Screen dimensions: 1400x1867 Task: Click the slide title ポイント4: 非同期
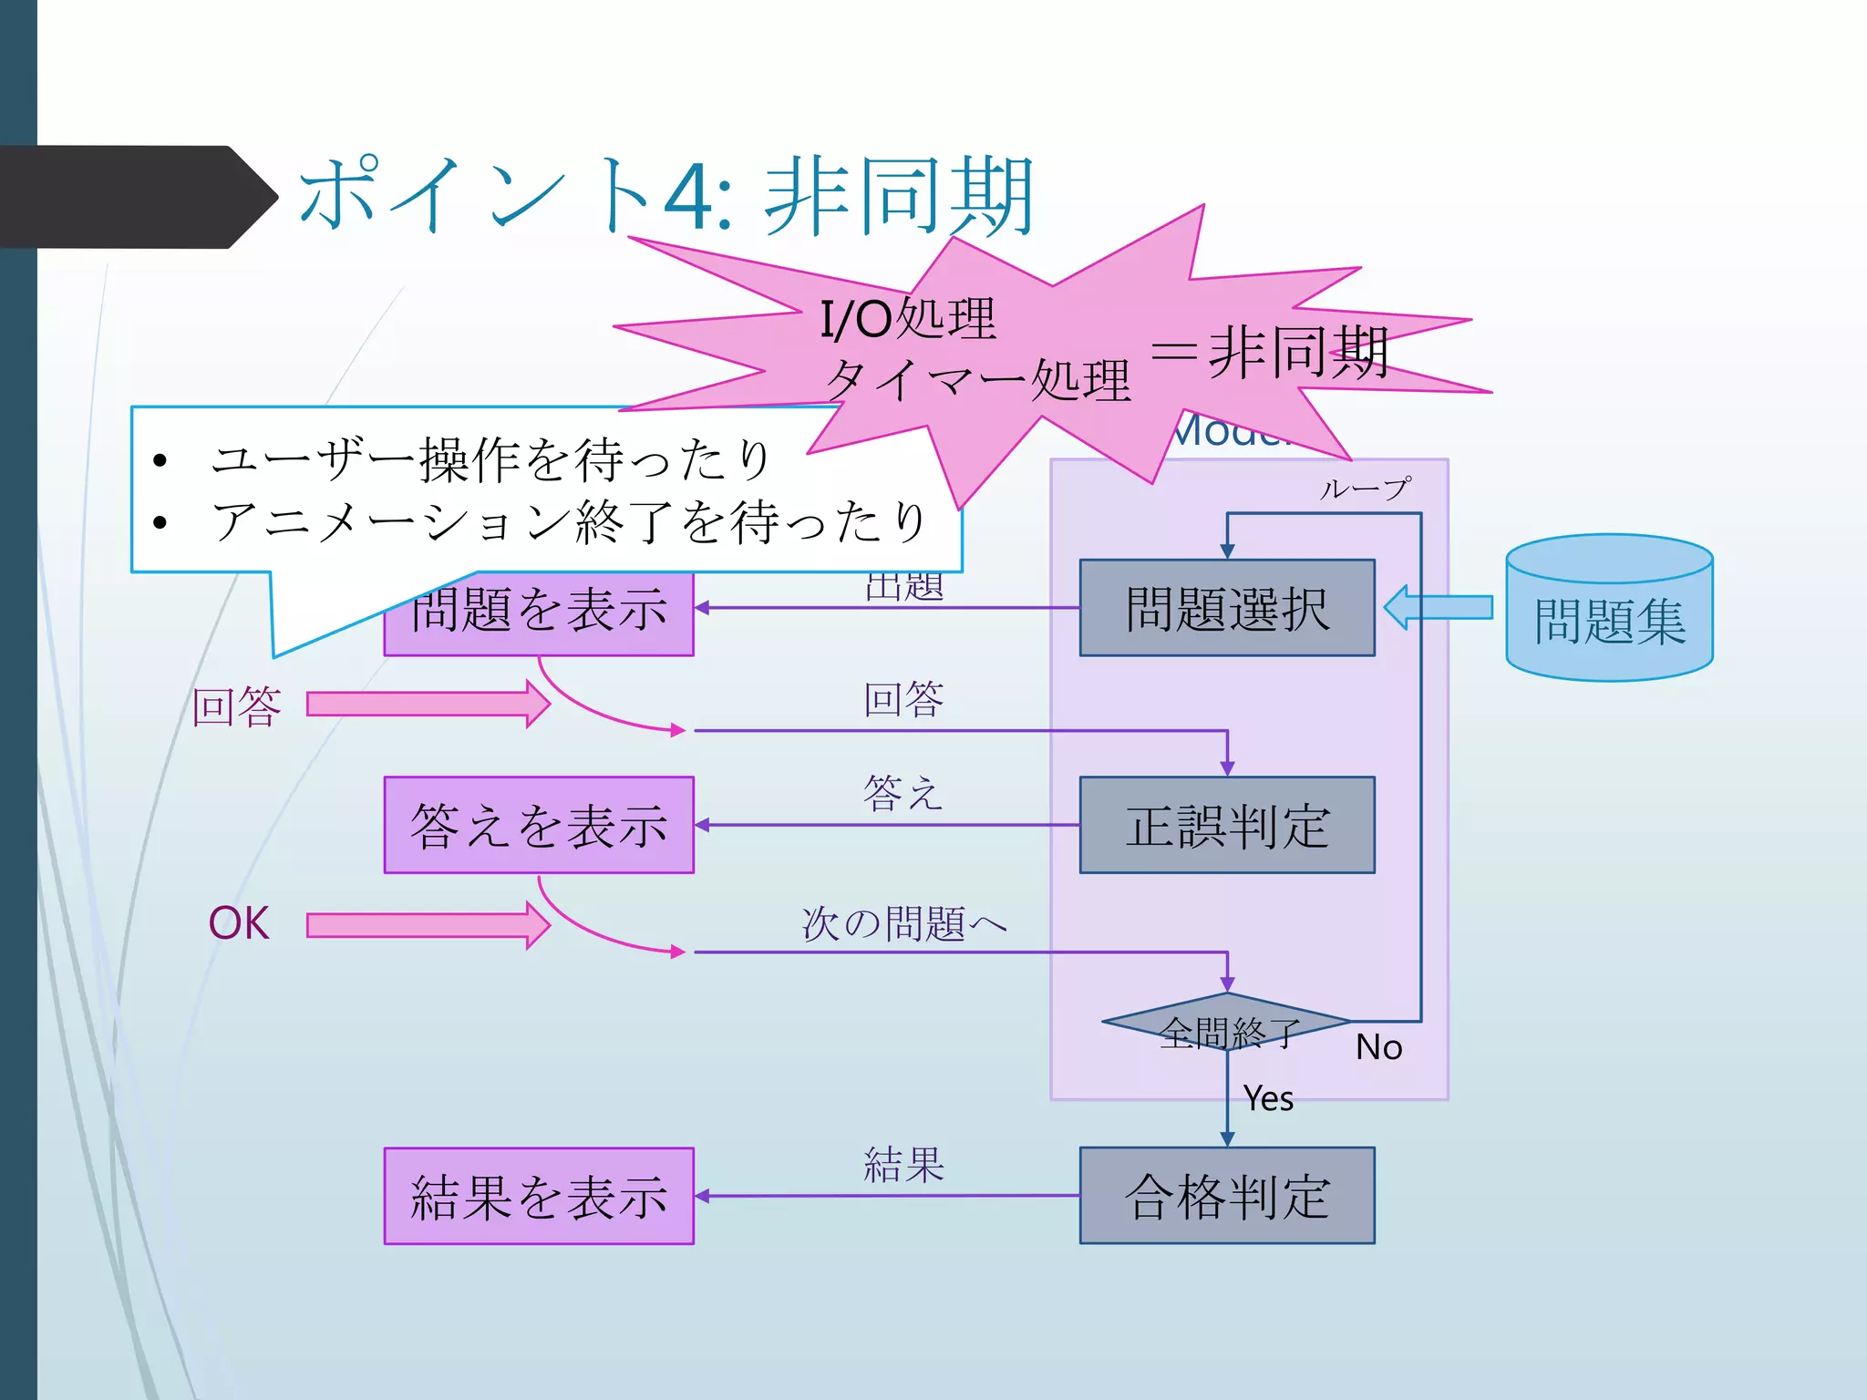pos(665,196)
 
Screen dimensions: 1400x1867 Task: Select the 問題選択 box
pos(1226,608)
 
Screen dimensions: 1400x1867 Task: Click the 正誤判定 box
pos(1226,825)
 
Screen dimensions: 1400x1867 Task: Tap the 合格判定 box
pos(1226,1196)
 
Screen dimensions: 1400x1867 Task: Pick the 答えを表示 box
pos(538,825)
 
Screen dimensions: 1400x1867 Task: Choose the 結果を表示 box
pos(538,1196)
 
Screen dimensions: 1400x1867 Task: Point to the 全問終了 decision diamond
pos(1226,1024)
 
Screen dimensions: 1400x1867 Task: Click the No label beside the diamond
pos(1378,1047)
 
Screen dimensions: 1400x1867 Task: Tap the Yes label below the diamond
pos(1268,1098)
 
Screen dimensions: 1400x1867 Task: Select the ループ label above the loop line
pos(1365,489)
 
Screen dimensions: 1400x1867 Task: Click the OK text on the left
pos(239,923)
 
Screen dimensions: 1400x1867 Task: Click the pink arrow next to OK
pos(427,926)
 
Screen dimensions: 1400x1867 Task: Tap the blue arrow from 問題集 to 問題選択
pos(1439,607)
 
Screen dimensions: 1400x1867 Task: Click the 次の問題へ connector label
pos(903,923)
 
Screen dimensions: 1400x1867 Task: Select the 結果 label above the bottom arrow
pos(903,1165)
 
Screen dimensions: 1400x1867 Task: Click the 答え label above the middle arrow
pos(903,793)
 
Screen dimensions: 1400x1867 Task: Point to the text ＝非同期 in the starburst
pos(1269,353)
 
